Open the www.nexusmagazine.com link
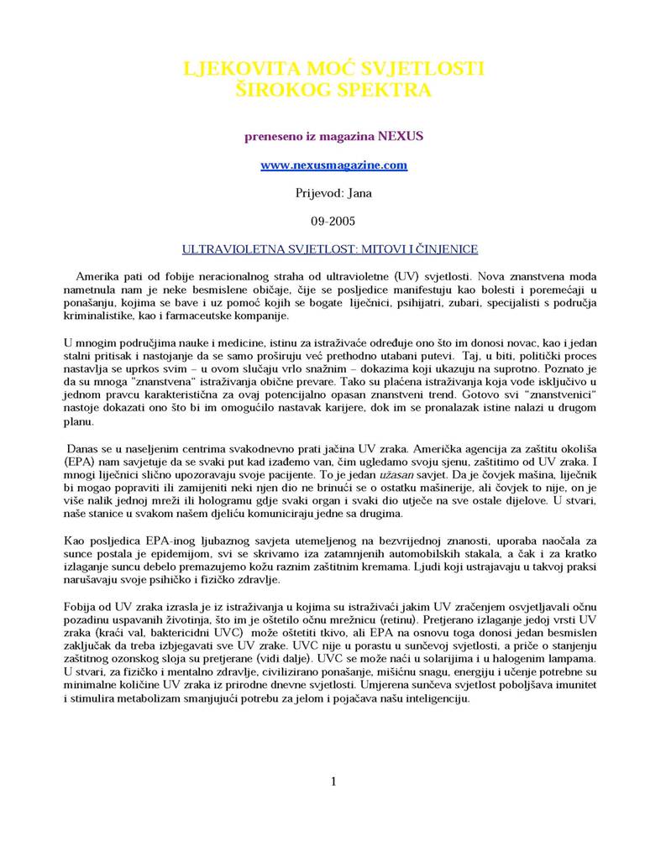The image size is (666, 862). pos(333,165)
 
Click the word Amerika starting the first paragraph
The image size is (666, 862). pos(98,275)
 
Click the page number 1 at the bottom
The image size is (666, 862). pos(333,782)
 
